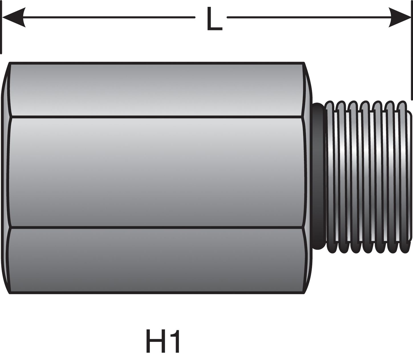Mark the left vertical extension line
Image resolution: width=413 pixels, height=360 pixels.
(1, 28)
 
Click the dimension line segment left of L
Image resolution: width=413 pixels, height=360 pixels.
(108, 17)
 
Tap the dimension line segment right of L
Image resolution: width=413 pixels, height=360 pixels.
(308, 17)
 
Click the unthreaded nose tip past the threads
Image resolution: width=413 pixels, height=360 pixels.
(410, 177)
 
